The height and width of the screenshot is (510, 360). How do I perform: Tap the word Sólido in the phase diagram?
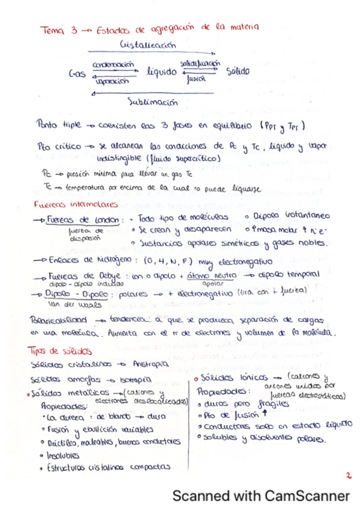pyautogui.click(x=237, y=71)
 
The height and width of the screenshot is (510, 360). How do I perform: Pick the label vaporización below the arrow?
pyautogui.click(x=112, y=80)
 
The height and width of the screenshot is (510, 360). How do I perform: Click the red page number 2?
pyautogui.click(x=347, y=475)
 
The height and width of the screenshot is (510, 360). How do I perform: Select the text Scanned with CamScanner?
pyautogui.click(x=261, y=496)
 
